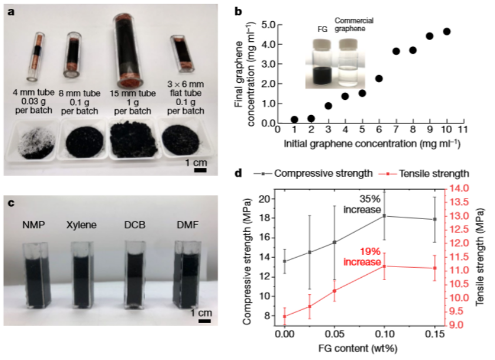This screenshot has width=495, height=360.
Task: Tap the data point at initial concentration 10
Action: coord(446,32)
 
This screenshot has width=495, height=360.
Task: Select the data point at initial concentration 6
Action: coord(379,79)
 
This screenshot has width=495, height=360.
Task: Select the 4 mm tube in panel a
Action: coord(35,57)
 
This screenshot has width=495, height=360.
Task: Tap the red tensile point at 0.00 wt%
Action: coord(285,317)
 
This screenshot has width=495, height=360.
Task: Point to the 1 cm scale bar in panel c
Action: coord(205,321)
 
